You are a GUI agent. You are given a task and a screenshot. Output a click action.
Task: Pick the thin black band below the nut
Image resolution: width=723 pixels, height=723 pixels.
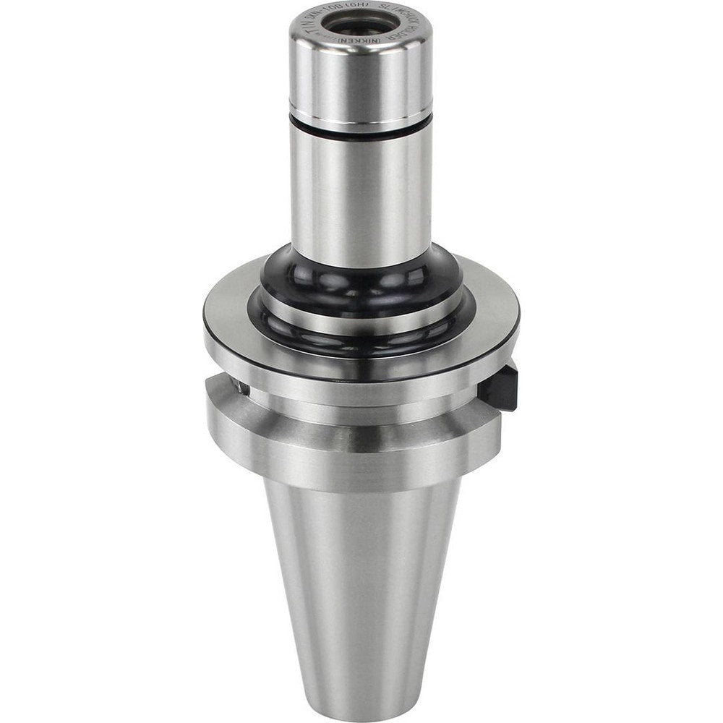tap(361, 132)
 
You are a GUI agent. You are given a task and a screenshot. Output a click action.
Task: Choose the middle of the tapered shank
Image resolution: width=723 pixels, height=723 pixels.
tap(361, 578)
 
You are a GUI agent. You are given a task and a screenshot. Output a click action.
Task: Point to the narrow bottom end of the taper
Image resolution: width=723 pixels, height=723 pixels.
tap(361, 705)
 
